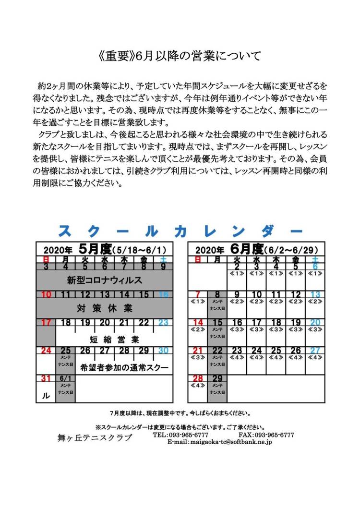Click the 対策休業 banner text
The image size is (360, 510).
click(104, 307)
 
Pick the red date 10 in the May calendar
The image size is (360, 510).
click(47, 294)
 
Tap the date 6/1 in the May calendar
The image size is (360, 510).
click(66, 378)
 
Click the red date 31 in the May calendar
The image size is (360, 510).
click(47, 378)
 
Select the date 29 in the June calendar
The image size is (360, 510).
click(217, 378)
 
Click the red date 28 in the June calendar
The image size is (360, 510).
click(197, 378)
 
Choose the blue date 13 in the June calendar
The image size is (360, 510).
click(315, 294)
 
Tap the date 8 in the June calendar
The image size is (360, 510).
click(217, 294)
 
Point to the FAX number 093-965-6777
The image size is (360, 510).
click(266, 435)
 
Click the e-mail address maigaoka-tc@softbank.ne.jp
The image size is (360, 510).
click(220, 441)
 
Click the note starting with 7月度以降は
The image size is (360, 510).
click(180, 413)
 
